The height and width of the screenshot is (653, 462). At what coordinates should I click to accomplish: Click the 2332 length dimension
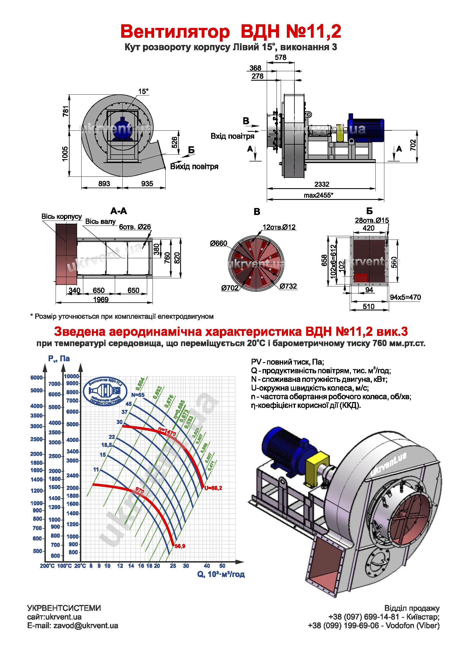pyautogui.click(x=322, y=184)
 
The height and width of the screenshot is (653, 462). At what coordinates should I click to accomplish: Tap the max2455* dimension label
pyautogui.click(x=318, y=195)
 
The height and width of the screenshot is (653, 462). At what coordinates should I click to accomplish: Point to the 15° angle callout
pyautogui.click(x=143, y=91)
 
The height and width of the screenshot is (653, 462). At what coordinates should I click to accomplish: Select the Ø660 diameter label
pyautogui.click(x=218, y=243)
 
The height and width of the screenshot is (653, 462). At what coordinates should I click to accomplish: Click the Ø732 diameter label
pyautogui.click(x=288, y=286)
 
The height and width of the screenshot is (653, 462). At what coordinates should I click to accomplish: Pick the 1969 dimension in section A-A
pyautogui.click(x=101, y=300)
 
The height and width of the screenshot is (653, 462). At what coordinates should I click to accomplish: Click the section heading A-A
pyautogui.click(x=119, y=211)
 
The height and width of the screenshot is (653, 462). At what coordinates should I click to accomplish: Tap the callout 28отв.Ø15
pyautogui.click(x=371, y=221)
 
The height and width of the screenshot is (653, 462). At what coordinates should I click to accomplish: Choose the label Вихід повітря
pyautogui.click(x=194, y=166)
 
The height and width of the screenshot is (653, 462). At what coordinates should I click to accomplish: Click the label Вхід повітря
pyautogui.click(x=232, y=136)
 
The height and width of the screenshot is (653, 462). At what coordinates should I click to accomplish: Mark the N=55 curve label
pyautogui.click(x=138, y=395)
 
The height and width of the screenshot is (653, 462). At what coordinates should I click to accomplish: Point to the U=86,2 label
pyautogui.click(x=213, y=488)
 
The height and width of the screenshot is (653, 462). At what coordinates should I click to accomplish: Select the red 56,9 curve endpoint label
pyautogui.click(x=180, y=546)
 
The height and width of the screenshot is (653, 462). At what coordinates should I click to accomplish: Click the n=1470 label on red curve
pyautogui.click(x=167, y=432)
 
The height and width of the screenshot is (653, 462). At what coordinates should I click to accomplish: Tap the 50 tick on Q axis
pyautogui.click(x=222, y=566)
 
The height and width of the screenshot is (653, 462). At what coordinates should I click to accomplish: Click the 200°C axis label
pyautogui.click(x=47, y=566)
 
